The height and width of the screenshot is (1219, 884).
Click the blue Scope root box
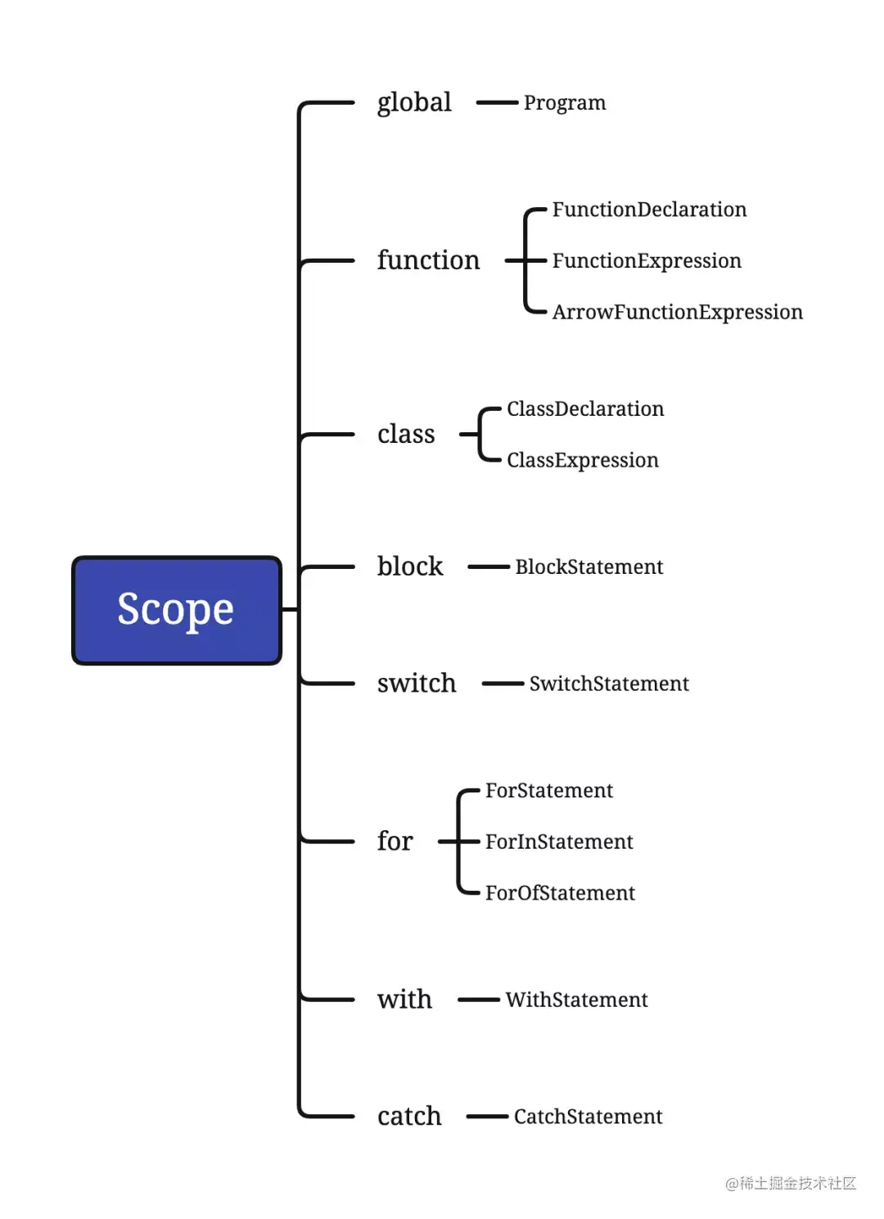(176, 609)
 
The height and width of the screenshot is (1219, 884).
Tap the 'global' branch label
(414, 103)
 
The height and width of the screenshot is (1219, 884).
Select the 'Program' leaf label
(564, 103)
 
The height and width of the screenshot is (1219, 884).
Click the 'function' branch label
(428, 260)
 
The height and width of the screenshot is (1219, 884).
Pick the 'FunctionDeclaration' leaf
(649, 210)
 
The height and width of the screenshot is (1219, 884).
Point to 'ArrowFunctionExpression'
(677, 313)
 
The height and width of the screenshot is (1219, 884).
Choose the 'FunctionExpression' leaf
(647, 261)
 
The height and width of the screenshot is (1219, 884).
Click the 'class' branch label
(406, 434)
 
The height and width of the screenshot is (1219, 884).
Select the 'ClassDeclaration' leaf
(585, 409)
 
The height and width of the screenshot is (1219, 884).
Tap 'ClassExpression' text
(583, 460)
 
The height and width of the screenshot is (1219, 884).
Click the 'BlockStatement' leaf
(589, 567)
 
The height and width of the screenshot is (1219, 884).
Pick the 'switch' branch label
(417, 683)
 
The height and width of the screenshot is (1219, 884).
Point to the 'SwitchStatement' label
(609, 684)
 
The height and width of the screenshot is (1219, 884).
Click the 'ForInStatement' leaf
(559, 842)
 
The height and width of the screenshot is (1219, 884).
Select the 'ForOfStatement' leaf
(560, 892)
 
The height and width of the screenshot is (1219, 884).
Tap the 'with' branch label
(404, 999)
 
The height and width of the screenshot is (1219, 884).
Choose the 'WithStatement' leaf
(576, 999)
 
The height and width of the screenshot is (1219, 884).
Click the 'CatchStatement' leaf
(588, 1116)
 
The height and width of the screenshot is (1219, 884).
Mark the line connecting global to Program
(497, 102)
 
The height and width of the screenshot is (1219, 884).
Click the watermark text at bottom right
(791, 1183)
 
